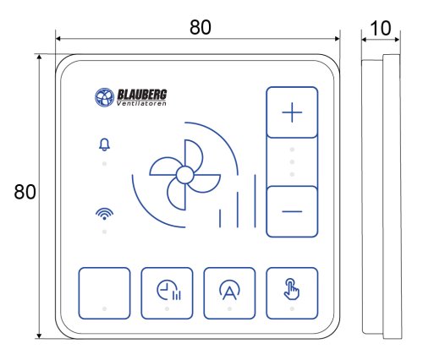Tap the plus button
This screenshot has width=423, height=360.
[292, 112]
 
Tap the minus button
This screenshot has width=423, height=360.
[292, 211]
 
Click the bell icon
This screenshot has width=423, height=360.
[104, 145]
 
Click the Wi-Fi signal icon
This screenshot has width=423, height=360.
[104, 214]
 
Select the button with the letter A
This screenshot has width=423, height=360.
[229, 293]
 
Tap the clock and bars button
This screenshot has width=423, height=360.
[167, 293]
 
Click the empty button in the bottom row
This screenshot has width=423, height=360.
[104, 293]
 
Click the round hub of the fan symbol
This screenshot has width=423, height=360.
[185, 175]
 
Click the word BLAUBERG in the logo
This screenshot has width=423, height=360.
[142, 95]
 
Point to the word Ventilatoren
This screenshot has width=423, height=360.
[141, 103]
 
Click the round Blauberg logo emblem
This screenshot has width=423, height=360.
[104, 97]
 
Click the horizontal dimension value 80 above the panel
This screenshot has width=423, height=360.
[201, 27]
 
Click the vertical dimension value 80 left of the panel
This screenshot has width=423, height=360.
[25, 192]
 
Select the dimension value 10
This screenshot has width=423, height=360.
[381, 29]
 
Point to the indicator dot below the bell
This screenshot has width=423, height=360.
[104, 164]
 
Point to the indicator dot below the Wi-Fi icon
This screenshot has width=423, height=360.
[104, 232]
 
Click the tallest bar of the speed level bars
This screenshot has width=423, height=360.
[255, 201]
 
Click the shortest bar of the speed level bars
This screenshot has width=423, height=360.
[220, 218]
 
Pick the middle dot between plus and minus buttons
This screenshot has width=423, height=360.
[292, 162]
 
